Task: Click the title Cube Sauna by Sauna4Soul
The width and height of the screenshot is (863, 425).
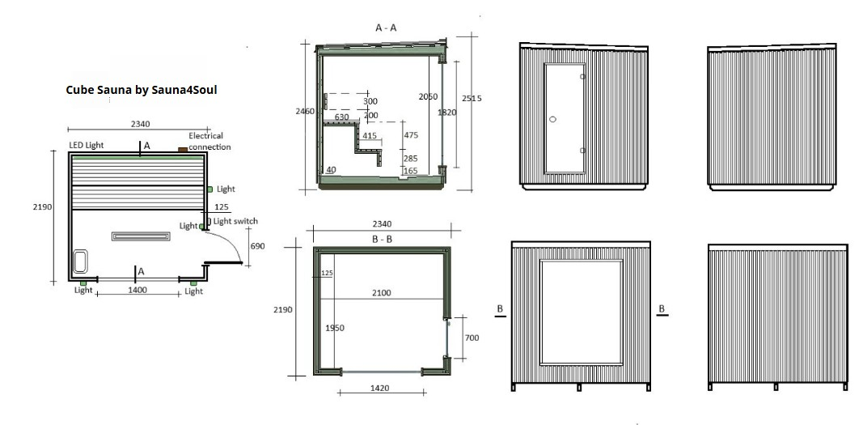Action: pos(142,90)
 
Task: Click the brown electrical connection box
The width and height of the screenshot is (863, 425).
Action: pos(183,150)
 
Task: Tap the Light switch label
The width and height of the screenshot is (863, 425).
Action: pos(235,221)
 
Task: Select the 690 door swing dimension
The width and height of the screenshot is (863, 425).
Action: pos(257,246)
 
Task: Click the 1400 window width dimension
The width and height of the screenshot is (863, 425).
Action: pos(137,290)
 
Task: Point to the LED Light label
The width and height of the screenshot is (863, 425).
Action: pos(87,146)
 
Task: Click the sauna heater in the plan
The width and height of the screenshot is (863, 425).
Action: pos(142,236)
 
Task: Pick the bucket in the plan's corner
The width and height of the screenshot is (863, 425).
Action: pos(80,261)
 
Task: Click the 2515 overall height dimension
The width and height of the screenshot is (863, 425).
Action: pos(472,99)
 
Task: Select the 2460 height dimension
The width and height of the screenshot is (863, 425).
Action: pos(305,111)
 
